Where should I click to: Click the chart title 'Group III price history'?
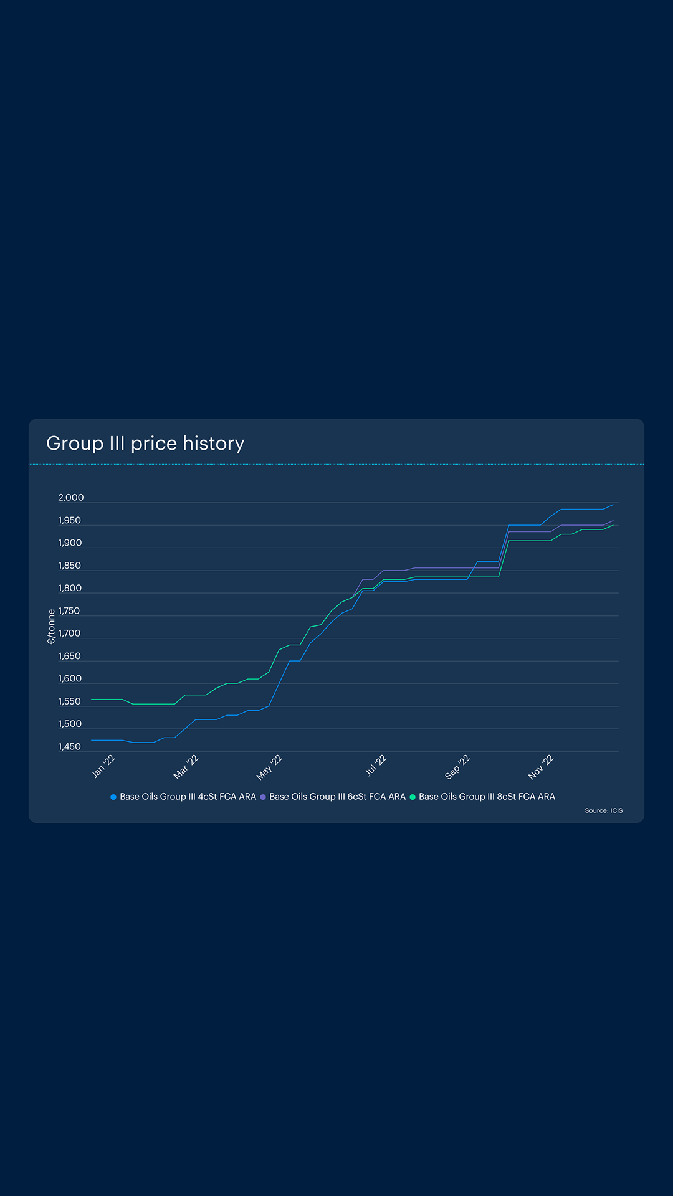[x=145, y=443]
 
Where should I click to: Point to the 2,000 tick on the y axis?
[x=70, y=498]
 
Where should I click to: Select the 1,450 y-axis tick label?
[x=69, y=747]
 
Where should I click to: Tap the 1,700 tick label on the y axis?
[x=69, y=634]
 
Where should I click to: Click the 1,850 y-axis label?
[x=69, y=566]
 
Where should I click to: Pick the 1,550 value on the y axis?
[x=69, y=701]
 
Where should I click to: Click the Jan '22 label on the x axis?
[x=103, y=766]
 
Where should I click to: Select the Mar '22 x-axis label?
[x=186, y=767]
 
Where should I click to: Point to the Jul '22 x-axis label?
[x=376, y=766]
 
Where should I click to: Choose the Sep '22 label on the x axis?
[x=457, y=767]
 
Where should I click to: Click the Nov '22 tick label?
[x=541, y=767]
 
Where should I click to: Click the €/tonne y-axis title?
[x=51, y=627]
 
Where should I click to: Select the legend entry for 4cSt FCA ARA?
[x=184, y=797]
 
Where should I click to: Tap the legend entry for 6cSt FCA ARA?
[x=333, y=797]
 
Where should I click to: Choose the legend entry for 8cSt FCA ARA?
[x=483, y=797]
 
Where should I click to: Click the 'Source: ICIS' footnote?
[x=603, y=810]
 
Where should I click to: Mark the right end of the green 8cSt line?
[x=613, y=525]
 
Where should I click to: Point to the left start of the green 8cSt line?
[x=92, y=700]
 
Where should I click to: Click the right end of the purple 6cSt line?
[x=613, y=520]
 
